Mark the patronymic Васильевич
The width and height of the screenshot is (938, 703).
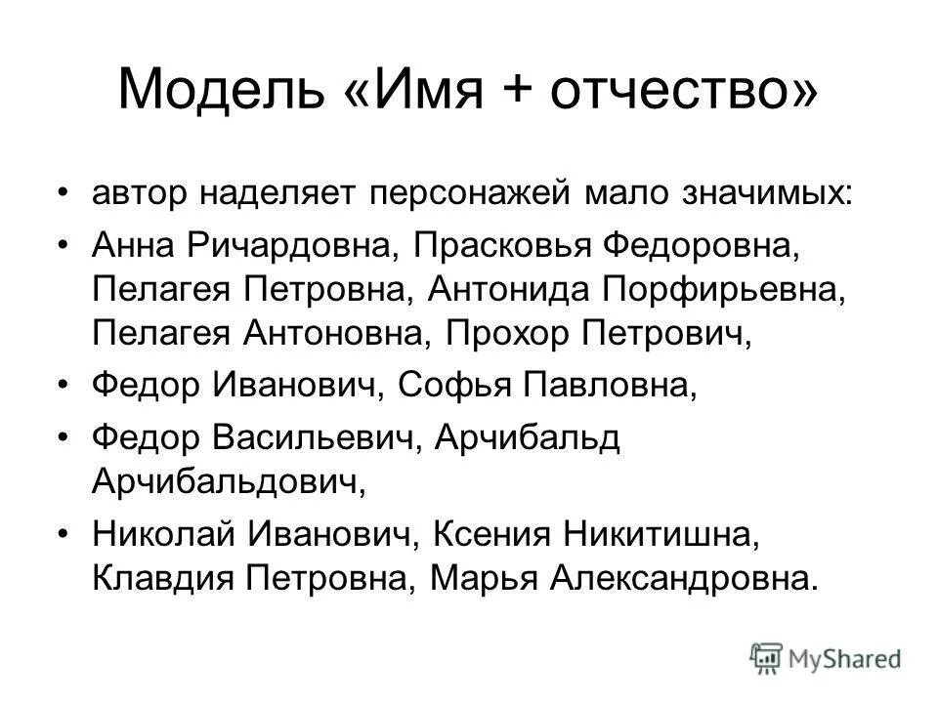316,439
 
